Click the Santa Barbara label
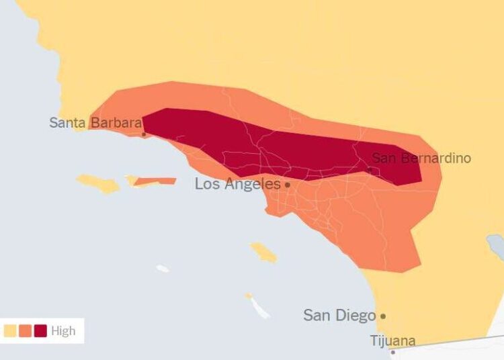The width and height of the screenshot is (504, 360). [95, 123]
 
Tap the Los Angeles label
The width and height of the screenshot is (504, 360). [237, 184]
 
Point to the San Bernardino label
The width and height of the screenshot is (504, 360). [421, 159]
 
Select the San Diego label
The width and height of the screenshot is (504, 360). [339, 315]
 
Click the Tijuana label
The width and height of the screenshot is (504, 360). [392, 341]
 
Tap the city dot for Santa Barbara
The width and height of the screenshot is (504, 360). [143, 134]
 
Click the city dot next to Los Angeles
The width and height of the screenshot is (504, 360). [288, 185]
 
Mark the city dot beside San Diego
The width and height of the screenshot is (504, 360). [383, 316]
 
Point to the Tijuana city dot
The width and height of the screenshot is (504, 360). [393, 351]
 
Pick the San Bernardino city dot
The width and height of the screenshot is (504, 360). [369, 169]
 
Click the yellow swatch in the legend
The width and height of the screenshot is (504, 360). [10, 331]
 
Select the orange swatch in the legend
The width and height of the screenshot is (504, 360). [26, 331]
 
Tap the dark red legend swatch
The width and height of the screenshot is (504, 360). [40, 331]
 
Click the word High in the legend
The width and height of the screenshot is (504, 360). [63, 331]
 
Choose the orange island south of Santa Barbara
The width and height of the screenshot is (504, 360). [156, 181]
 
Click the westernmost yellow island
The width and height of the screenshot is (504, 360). [97, 183]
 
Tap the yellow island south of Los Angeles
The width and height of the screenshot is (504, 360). [263, 253]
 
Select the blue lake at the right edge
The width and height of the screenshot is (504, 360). [497, 245]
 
